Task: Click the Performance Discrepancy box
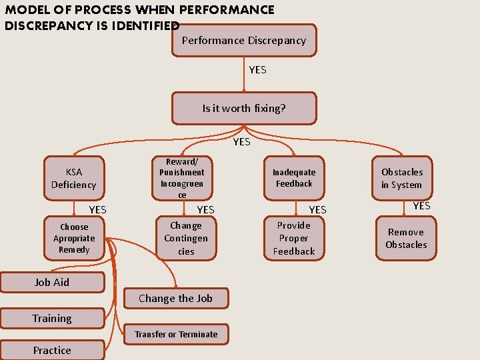coord(243,41)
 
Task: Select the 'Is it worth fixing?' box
coord(244,108)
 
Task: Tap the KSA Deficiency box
coord(74,178)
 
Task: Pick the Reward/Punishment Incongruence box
coord(182,178)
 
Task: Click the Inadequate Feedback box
coord(294,178)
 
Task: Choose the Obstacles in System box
coord(402,178)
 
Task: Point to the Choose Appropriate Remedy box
coord(74,238)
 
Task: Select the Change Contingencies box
coord(186,238)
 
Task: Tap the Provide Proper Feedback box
coord(294,238)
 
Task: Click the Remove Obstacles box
coord(406,238)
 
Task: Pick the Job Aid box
coord(52,282)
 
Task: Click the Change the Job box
coord(176,298)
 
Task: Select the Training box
coord(52,318)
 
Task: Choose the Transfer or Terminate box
coord(176,334)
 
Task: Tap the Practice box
coord(52,350)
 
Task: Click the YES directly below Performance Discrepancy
coord(257,69)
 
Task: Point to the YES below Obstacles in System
coord(421,205)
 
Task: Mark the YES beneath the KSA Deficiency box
coord(97,209)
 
